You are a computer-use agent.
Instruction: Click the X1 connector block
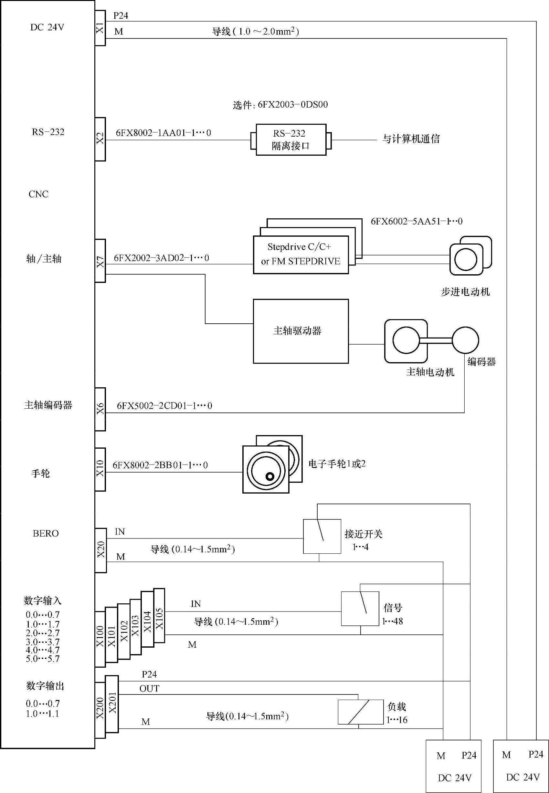coord(100,28)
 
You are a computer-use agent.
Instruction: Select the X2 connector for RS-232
coord(100,139)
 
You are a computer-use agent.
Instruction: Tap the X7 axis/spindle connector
coord(100,261)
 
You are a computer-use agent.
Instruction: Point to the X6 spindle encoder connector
coord(100,409)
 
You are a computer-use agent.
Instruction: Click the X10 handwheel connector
coord(100,469)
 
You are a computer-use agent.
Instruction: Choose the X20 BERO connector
coord(100,550)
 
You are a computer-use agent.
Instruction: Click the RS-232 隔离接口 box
coord(291,140)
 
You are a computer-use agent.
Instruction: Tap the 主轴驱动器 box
coord(301,331)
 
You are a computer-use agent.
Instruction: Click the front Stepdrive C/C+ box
coord(301,255)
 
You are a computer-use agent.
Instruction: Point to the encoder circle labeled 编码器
coord(465,340)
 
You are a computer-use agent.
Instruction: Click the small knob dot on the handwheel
coord(270,476)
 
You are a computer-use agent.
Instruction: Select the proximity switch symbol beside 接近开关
coord(322,537)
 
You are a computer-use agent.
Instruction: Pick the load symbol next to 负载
coord(361,712)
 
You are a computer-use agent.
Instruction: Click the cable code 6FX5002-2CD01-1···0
coord(164,406)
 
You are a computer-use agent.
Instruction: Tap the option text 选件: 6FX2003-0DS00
coord(280,105)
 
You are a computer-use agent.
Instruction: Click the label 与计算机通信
coord(411,139)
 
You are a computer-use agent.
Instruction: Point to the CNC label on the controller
coord(38,194)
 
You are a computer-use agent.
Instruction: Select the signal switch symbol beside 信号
coord(360,609)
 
